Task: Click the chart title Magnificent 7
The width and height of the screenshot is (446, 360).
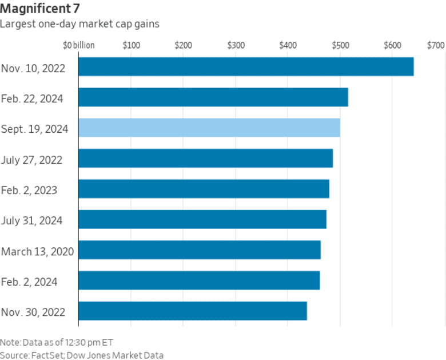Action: pos(40,10)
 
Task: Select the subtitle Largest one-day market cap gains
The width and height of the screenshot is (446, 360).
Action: pos(79,24)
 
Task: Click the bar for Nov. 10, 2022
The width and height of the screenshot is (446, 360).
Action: pos(246,66)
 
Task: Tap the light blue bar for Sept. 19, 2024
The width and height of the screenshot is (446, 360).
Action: pos(209,128)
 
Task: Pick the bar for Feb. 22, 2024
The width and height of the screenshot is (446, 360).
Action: pos(213,97)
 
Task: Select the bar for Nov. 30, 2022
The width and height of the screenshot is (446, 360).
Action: pos(192,311)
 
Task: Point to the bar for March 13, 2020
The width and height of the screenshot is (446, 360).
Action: pos(199,250)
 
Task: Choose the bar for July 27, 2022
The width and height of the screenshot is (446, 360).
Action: pos(205,158)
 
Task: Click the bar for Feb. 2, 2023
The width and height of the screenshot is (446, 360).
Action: pos(204,189)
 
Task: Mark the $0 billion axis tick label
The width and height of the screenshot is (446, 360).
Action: pos(79,45)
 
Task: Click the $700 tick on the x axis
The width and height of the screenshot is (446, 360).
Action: pos(435,45)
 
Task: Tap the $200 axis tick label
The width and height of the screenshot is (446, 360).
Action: pos(184,45)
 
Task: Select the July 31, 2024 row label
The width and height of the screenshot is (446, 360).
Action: pos(32,220)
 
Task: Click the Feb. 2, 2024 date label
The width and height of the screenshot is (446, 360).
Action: pos(30,282)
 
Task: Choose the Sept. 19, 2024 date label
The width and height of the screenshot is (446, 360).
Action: pos(35,129)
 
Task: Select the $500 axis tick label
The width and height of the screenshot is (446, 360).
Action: pos(340,45)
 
